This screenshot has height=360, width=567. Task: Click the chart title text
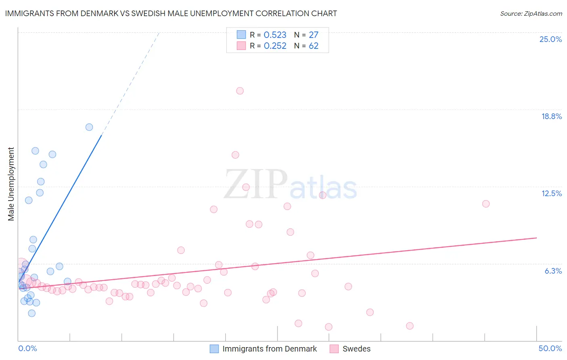171,13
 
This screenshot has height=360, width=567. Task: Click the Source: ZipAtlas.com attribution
531,14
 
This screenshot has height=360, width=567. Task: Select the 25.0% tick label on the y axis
550,39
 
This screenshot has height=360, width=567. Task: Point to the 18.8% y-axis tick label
551,116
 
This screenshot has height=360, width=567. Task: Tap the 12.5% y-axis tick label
551,193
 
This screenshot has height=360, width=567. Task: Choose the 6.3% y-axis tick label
553,271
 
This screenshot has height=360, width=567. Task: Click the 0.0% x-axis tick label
27,348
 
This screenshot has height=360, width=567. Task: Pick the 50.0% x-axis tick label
550,348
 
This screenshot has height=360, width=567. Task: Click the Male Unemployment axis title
11,184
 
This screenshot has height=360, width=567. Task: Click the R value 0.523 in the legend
275,35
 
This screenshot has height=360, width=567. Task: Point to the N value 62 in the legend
313,46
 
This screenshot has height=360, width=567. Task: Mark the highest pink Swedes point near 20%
240,91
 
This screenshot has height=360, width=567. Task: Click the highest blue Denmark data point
89,127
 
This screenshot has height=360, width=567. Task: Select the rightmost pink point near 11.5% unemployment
486,204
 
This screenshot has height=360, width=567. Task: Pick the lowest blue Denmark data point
32,313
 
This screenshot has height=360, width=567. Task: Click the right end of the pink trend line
536,238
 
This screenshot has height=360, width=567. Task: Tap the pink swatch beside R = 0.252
241,46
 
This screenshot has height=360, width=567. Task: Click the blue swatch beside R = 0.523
241,35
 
